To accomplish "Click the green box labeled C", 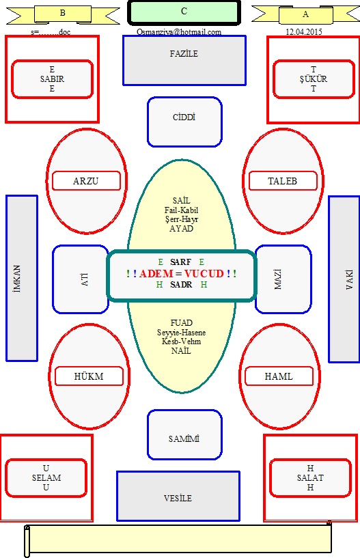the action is [184, 12].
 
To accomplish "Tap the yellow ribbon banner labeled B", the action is [63, 14].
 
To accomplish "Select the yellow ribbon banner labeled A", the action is [305, 14].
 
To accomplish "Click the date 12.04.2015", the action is [304, 31].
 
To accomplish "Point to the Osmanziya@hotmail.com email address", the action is [179, 32].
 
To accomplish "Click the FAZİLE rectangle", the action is [184, 61].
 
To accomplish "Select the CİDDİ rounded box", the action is [184, 122].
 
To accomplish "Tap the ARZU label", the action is [86, 181].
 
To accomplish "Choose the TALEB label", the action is [283, 181].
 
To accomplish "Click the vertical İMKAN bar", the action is [22, 278].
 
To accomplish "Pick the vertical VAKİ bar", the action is [344, 279].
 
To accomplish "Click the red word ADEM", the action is [156, 273].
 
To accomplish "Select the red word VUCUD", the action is [204, 273].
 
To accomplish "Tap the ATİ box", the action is [81, 279].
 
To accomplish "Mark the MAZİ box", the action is [283, 279].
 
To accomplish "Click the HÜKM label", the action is [89, 376].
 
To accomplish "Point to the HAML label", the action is [279, 376].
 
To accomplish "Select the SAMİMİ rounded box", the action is [184, 434].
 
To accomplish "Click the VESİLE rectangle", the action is [178, 496].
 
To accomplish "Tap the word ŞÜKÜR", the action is [314, 79].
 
